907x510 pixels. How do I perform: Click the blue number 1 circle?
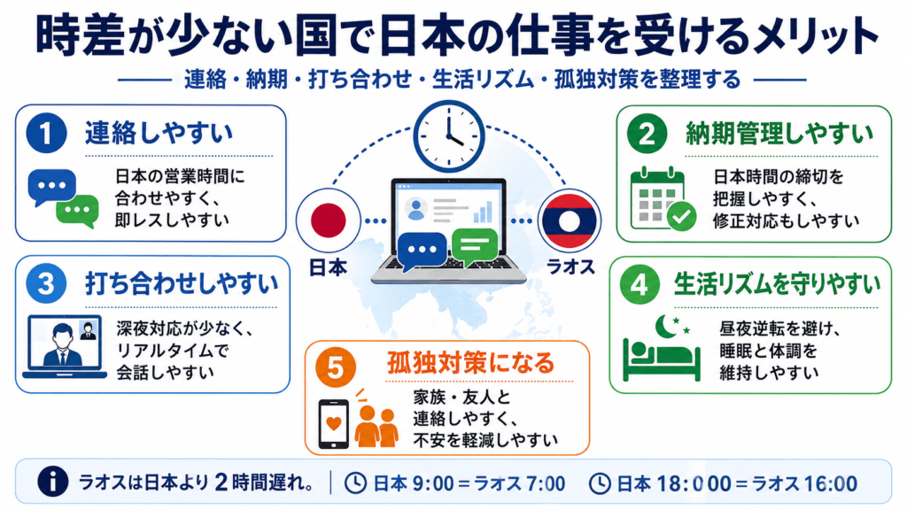[47, 133]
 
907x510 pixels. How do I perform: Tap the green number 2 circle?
[647, 134]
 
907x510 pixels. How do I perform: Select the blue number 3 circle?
[47, 283]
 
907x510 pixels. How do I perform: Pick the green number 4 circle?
[640, 284]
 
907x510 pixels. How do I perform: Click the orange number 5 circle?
[336, 367]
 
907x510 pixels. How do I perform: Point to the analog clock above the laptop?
[449, 136]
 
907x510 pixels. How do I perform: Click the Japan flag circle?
[329, 220]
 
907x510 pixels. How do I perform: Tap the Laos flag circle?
[570, 220]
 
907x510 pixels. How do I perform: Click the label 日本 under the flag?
[328, 267]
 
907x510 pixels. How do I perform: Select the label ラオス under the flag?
[570, 267]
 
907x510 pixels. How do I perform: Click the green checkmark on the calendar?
[681, 216]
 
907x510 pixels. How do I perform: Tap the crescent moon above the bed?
[666, 326]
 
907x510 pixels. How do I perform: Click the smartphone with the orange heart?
[334, 424]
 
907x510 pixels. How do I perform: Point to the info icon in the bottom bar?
[52, 482]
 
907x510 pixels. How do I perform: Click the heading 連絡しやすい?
[159, 133]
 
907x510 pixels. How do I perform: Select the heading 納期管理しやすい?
[779, 134]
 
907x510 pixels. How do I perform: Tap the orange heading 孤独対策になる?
[471, 363]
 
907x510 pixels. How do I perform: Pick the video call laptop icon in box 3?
[65, 346]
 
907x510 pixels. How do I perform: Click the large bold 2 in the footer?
[221, 483]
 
